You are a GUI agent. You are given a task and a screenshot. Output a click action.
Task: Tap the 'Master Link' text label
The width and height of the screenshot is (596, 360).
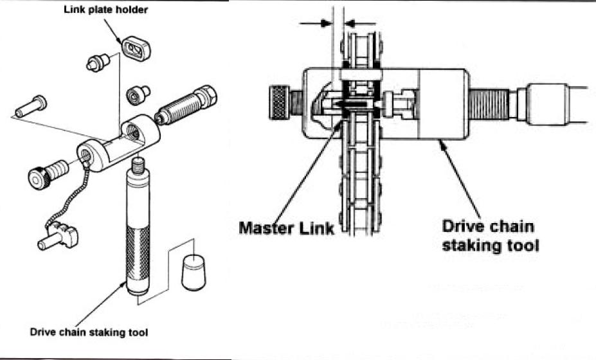coord(286,228)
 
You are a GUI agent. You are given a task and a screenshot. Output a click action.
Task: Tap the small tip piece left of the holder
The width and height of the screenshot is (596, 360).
coord(95,63)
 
